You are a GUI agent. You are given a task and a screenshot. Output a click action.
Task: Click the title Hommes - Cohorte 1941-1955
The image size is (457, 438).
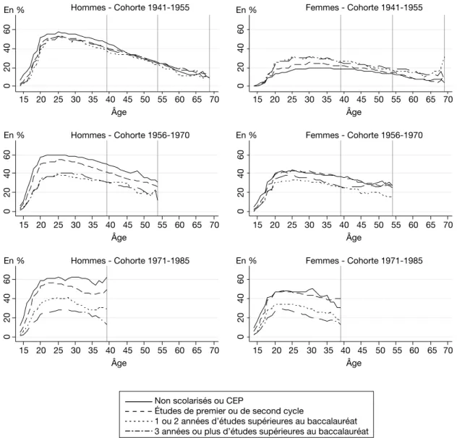(130, 7)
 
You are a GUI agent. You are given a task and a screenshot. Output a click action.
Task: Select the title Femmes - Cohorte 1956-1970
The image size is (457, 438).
(364, 135)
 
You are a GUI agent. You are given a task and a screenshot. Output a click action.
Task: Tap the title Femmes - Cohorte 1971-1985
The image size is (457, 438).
(364, 260)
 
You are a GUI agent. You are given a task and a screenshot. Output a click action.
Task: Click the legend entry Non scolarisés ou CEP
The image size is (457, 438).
(199, 400)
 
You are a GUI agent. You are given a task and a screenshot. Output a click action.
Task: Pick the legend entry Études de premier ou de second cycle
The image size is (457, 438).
(229, 411)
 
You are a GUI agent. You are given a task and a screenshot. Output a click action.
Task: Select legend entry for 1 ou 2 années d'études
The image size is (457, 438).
(256, 421)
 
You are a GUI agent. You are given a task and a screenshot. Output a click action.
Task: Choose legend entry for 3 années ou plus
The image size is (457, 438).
(262, 431)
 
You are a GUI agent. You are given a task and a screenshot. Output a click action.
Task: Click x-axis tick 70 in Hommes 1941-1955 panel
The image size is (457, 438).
(214, 99)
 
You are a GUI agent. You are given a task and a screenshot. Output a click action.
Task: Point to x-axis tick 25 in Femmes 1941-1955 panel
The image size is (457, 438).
(292, 99)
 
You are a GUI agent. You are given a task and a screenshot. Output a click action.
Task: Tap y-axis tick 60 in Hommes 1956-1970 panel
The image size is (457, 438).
(7, 155)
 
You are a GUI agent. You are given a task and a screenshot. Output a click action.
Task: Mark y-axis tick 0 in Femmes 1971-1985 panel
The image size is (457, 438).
(241, 337)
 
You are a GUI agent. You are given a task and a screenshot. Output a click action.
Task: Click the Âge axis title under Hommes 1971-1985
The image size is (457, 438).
(119, 362)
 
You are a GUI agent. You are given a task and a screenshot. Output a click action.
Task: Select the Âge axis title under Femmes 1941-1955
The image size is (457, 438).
(354, 111)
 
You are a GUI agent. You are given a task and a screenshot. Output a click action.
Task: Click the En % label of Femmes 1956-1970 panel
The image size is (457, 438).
(247, 135)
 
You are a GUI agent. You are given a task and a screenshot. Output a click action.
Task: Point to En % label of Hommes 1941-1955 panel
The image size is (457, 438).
(14, 10)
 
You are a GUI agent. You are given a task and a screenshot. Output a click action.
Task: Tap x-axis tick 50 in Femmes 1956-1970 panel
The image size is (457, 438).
(379, 225)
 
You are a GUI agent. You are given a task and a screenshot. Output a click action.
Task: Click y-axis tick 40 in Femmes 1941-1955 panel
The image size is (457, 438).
(241, 48)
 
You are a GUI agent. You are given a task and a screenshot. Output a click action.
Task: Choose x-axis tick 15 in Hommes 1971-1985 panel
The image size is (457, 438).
(24, 350)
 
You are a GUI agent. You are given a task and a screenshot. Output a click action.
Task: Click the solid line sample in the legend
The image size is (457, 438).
(139, 401)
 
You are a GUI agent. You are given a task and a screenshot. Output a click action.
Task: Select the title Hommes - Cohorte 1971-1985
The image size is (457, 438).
(130, 260)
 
